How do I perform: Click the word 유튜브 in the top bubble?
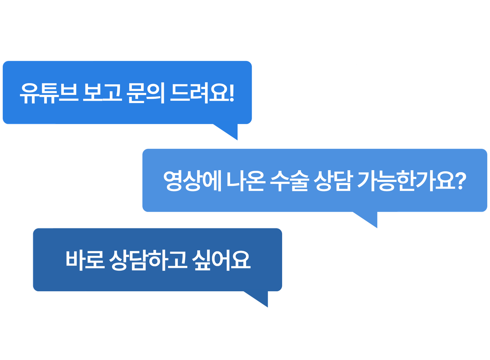(49, 93)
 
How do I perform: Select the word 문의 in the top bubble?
(145, 93)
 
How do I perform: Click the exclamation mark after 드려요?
(232, 93)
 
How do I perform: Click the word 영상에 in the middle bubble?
(193, 181)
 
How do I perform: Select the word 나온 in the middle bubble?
(245, 181)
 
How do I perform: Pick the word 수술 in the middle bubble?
(290, 181)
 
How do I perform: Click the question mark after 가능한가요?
(462, 180)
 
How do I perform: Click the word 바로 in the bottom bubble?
(85, 260)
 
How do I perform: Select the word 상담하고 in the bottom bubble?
(148, 260)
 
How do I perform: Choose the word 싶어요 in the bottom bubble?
(221, 260)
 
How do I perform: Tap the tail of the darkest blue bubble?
(258, 299)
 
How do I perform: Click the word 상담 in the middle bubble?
(333, 181)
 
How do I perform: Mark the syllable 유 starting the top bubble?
(30, 94)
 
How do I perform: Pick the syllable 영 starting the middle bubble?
(173, 181)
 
